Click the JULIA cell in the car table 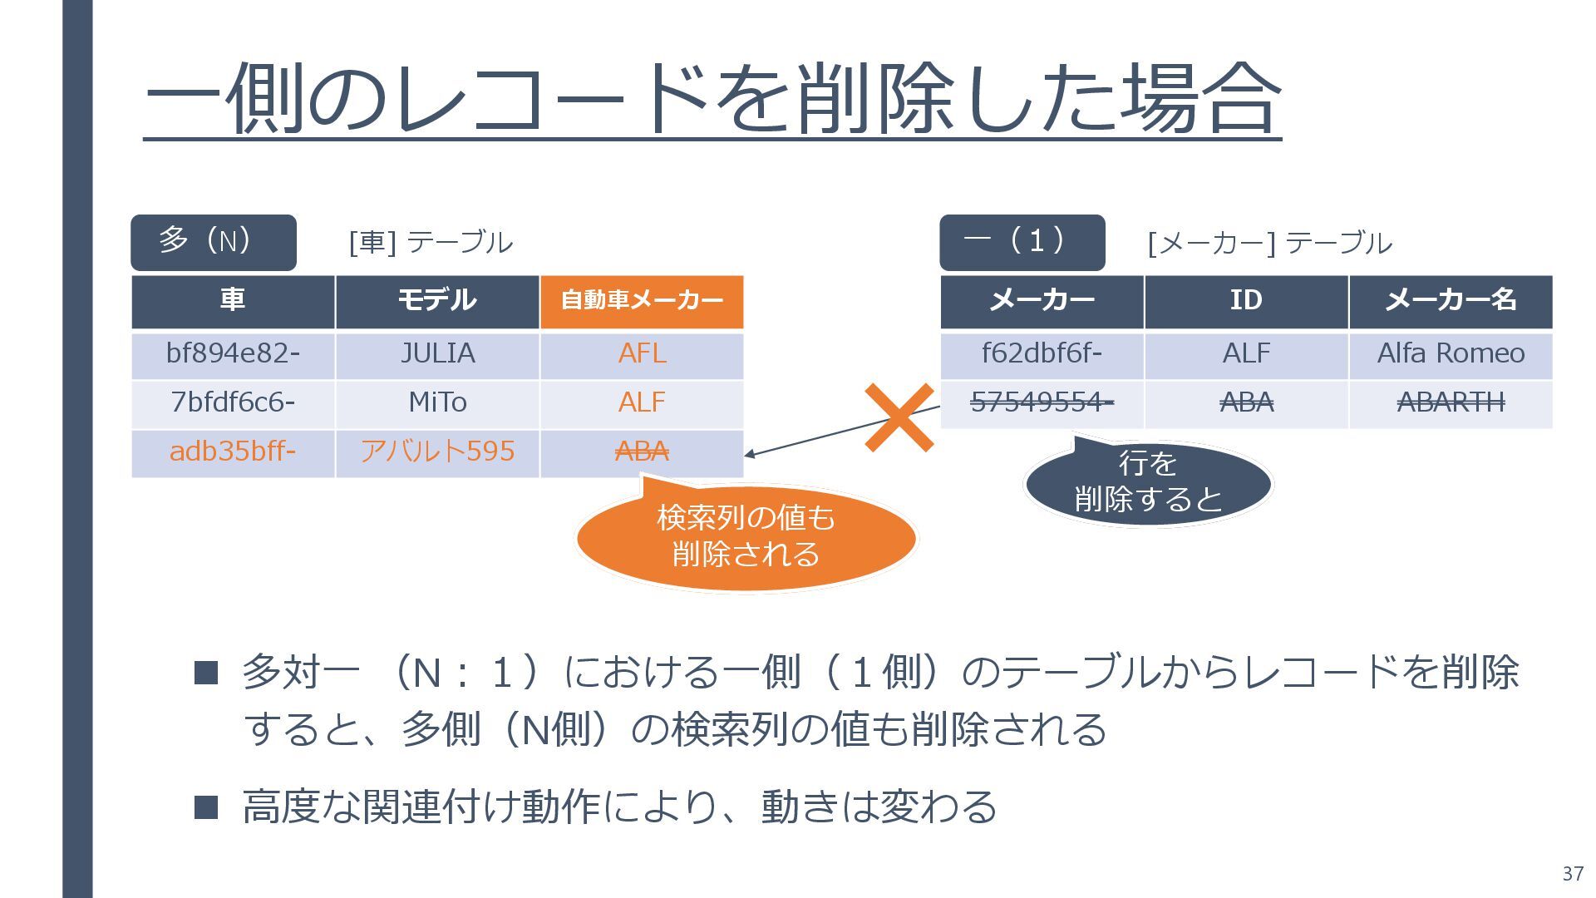437,354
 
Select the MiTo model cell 437,403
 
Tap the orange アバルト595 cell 437,451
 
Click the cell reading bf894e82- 233,354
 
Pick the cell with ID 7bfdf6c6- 233,403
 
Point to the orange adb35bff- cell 233,451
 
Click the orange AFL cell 642,354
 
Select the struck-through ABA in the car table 642,451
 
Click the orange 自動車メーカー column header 642,300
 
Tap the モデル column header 437,300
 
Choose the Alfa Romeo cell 1451,354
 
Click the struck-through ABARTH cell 1451,403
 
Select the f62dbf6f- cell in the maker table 1042,354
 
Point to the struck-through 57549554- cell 1042,403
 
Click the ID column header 1246,300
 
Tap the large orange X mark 899,417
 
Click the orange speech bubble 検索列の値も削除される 746,537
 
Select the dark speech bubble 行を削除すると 1148,482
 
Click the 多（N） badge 214,242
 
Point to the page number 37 1572,874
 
